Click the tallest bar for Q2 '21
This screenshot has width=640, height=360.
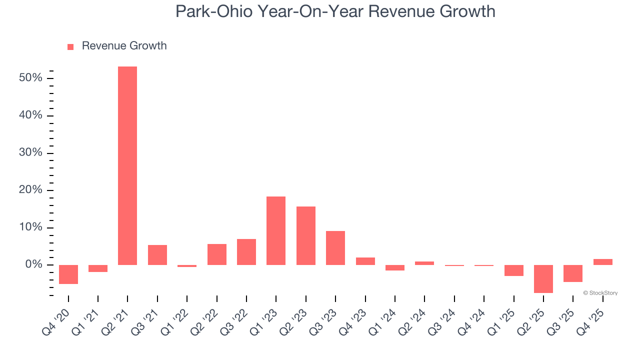pos(127,165)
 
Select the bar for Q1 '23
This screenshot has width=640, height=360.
pos(276,230)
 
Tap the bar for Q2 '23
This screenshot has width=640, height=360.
pos(305,235)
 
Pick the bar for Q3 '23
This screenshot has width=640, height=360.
pos(335,247)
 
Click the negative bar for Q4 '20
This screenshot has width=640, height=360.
pos(68,274)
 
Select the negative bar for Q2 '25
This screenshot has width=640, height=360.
pos(543,278)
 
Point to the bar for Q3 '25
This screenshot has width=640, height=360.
pos(573,273)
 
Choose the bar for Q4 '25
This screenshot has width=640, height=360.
pos(602,261)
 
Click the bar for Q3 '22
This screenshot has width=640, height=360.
pos(246,251)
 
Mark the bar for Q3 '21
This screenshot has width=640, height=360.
pos(157,254)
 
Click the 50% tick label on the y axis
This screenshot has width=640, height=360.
pos(30,78)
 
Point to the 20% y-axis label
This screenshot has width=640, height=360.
pos(30,190)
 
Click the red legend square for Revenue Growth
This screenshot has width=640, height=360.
pos(70,46)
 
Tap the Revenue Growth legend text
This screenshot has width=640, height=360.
pos(124,46)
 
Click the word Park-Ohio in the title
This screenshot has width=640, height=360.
pos(213,11)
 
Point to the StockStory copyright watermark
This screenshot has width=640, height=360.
pos(600,293)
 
